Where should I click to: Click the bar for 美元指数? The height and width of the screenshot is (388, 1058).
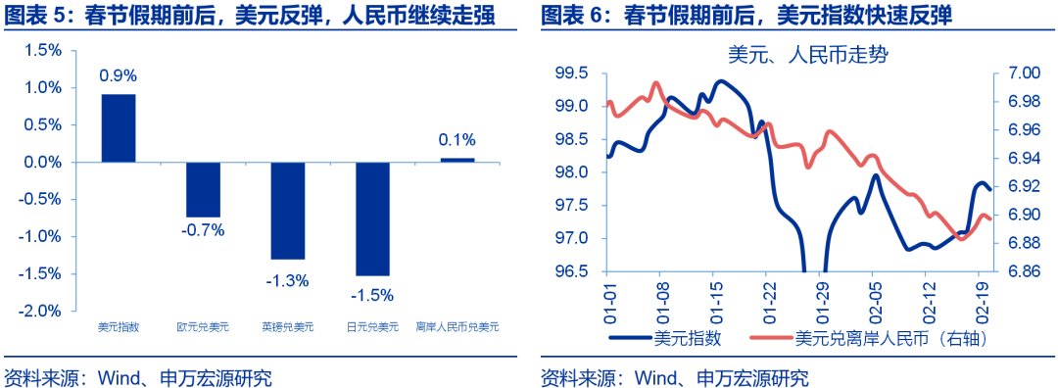point(119,127)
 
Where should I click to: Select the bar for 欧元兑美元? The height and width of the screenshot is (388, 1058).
point(204,189)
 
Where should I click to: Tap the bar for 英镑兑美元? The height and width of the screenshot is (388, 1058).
point(288,211)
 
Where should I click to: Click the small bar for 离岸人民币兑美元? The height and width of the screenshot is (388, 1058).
point(457,160)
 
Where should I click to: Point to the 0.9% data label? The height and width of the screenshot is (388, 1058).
point(119,74)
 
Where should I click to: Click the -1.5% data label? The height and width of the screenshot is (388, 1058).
point(372,295)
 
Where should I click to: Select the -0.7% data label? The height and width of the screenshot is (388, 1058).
point(204,231)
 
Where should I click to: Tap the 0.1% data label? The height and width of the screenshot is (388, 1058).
point(457,139)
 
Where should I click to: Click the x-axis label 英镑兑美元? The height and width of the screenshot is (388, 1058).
point(288,327)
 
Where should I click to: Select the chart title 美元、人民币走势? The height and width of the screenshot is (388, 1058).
point(794,55)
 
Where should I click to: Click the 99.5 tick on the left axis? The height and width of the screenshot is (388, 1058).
point(571,73)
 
